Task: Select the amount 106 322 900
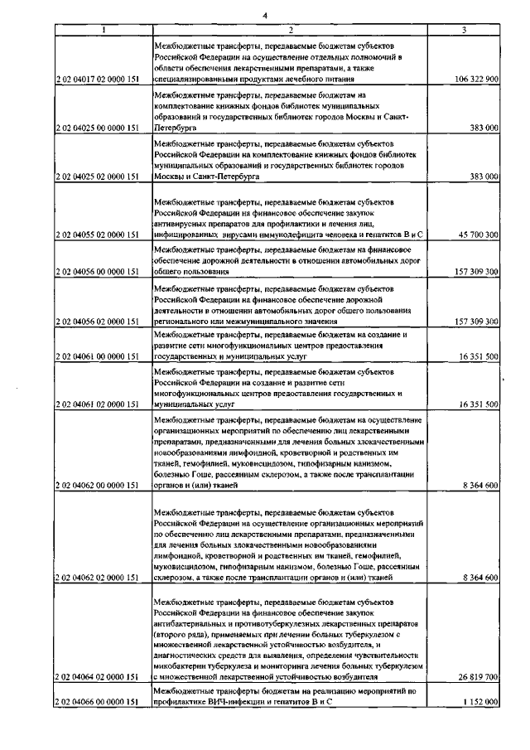pos(476,80)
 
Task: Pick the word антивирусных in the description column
pos(186,224)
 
